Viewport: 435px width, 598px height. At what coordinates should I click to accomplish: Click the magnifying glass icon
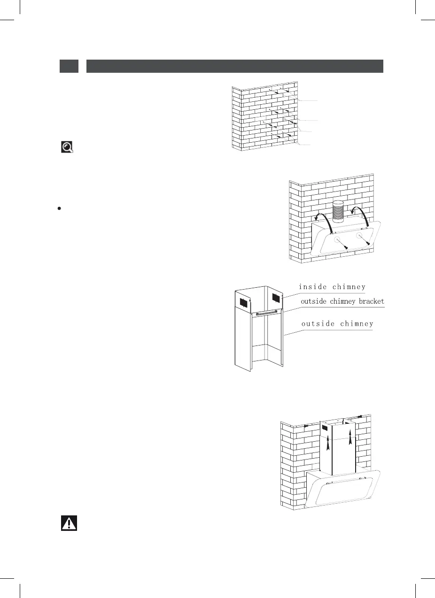coord(68,147)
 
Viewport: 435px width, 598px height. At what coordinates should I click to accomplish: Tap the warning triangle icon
coord(69,523)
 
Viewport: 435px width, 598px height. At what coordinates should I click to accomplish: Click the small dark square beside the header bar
coord(69,66)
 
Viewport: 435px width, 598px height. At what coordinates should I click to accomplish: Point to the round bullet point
coord(59,207)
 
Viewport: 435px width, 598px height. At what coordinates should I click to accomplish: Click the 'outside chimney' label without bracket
coord(337,323)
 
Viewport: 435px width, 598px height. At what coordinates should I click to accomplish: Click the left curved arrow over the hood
coord(322,217)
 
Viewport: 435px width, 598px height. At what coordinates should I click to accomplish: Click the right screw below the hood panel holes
coord(369,244)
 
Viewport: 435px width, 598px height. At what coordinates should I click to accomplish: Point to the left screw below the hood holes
coord(345,247)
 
